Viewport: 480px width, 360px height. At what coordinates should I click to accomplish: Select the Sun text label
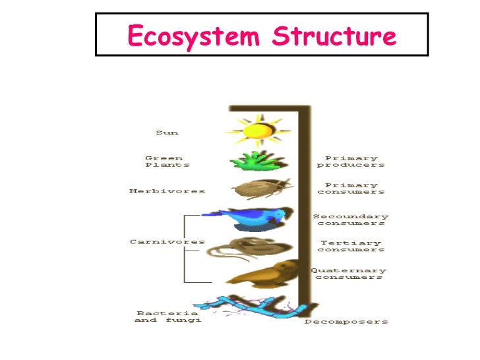(167, 133)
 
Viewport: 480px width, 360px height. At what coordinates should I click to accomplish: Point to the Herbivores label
(167, 191)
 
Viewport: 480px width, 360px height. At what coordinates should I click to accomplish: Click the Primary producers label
(351, 162)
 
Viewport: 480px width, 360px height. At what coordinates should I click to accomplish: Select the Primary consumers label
(351, 189)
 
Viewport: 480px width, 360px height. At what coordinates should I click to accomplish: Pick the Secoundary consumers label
(351, 220)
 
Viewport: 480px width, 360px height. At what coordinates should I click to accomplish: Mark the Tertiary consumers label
(351, 246)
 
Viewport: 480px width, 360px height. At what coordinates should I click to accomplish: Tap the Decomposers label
(346, 322)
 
